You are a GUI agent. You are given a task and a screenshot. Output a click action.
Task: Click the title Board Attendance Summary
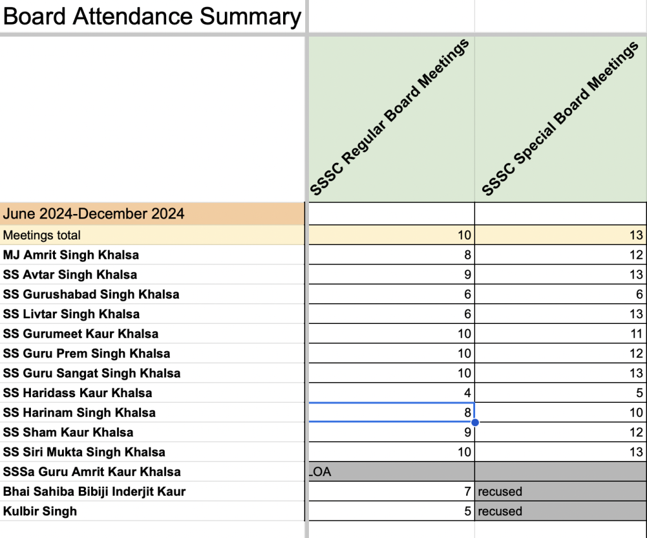pyautogui.click(x=152, y=16)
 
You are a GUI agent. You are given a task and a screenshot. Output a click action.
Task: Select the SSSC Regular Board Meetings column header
pyautogui.click(x=390, y=118)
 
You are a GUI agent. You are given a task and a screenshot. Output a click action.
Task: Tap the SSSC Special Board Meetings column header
pyautogui.click(x=560, y=118)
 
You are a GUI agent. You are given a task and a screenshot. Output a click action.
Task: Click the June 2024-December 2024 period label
pyautogui.click(x=94, y=213)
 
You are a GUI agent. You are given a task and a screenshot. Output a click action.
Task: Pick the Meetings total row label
pyautogui.click(x=42, y=236)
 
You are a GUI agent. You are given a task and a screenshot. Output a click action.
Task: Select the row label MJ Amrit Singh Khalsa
pyautogui.click(x=71, y=255)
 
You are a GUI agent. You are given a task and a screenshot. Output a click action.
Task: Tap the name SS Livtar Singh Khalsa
pyautogui.click(x=71, y=314)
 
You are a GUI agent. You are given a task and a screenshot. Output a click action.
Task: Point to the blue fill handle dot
pyautogui.click(x=475, y=422)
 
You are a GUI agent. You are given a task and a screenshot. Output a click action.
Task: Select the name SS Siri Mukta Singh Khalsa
pyautogui.click(x=84, y=452)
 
